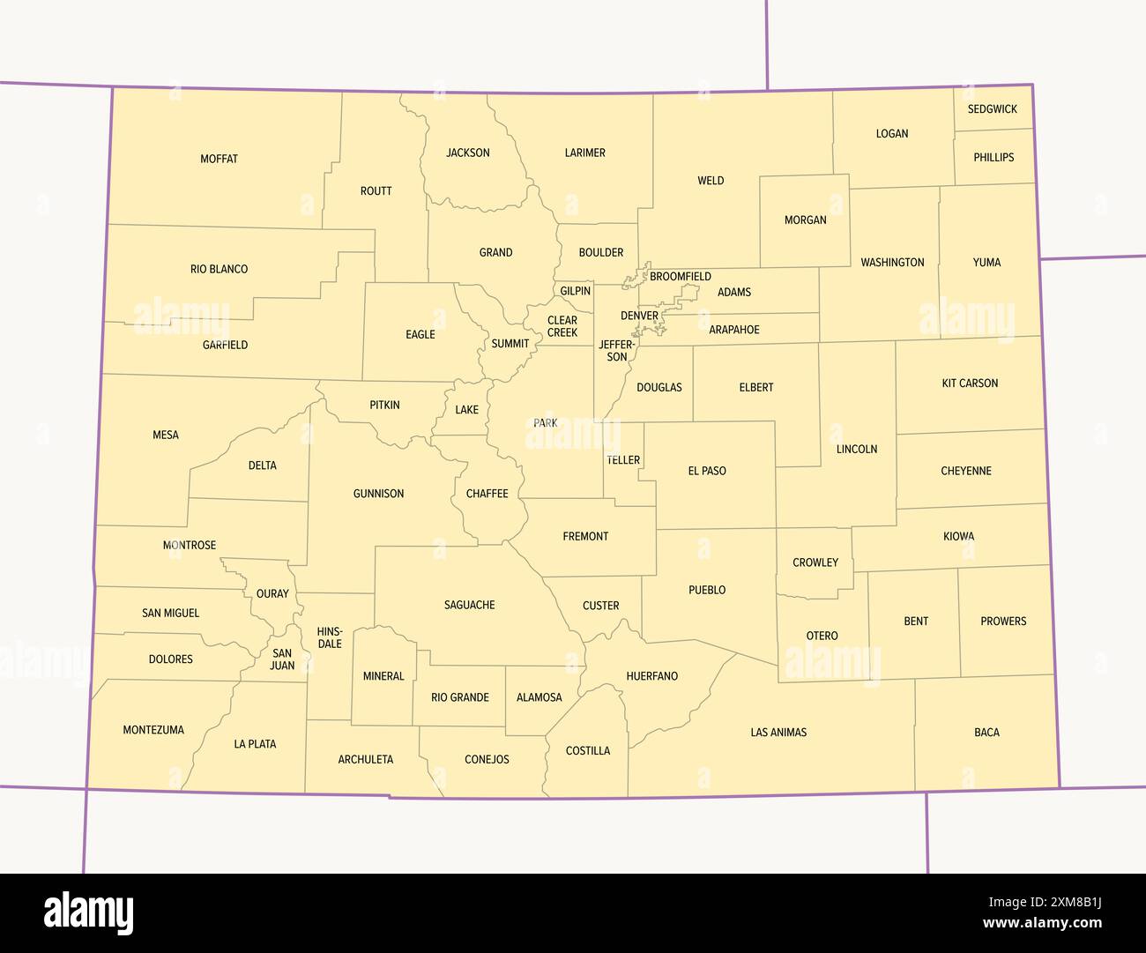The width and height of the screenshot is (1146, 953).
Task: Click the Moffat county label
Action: (219, 159)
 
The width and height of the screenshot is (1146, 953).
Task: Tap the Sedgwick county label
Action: (992, 109)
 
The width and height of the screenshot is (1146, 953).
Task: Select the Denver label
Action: (639, 316)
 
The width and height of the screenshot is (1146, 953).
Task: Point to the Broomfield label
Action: (680, 277)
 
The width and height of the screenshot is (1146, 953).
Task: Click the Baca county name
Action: (986, 733)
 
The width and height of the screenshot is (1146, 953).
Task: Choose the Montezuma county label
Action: (153, 730)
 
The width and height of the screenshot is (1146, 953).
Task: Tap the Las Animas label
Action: (778, 733)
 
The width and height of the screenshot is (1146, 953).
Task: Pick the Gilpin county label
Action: (576, 291)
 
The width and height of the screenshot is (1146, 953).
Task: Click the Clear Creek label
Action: (562, 326)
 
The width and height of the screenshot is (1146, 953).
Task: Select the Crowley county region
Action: (815, 562)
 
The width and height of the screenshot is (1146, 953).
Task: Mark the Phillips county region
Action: (993, 157)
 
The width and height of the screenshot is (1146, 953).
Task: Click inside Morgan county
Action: (805, 220)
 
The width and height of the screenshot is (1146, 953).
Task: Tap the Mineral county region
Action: (383, 676)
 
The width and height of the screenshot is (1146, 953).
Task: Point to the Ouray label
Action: (272, 593)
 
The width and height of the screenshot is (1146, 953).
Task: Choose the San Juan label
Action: (282, 659)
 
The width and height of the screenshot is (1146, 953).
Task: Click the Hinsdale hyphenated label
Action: (330, 637)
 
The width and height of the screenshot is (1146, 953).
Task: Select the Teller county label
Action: (623, 460)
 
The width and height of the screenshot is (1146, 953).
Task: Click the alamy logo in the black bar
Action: (89, 912)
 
